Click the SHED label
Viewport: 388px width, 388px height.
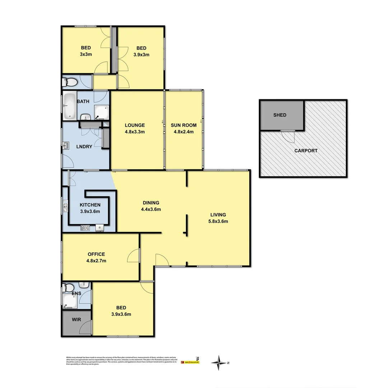click(x=280, y=115)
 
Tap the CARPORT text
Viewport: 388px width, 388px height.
click(x=306, y=151)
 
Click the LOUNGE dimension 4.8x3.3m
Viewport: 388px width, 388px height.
click(x=135, y=131)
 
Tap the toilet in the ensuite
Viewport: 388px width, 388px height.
click(x=68, y=287)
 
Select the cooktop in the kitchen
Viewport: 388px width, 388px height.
click(x=86, y=227)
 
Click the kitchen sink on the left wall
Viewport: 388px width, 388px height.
click(x=65, y=208)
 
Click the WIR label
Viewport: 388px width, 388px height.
click(x=76, y=319)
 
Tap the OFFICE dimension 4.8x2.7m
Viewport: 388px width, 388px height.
click(x=96, y=261)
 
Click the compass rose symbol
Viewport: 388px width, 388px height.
click(x=218, y=362)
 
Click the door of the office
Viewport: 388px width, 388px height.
click(x=134, y=256)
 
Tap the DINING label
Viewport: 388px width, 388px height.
click(x=151, y=203)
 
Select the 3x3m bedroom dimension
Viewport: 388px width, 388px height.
click(x=86, y=54)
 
